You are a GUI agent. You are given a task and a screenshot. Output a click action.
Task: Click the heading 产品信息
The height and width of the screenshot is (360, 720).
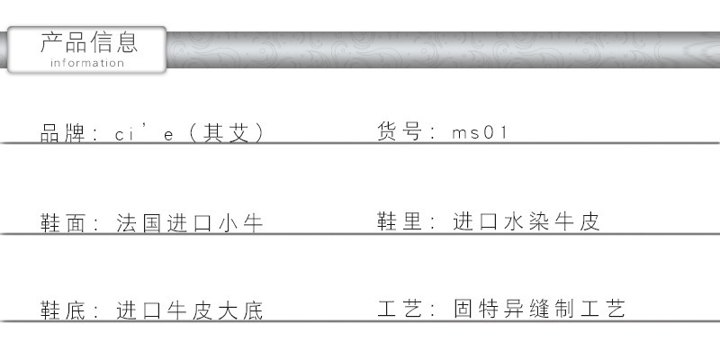tap(89, 42)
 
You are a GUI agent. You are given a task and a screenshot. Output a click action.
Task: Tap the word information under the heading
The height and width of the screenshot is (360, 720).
tap(87, 63)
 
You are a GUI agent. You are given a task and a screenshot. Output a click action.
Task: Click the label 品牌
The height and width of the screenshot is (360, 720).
tap(63, 133)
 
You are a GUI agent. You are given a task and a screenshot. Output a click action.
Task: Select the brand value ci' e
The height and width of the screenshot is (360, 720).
tap(144, 132)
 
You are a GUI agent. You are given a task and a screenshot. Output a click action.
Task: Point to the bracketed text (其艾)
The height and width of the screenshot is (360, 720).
tap(227, 133)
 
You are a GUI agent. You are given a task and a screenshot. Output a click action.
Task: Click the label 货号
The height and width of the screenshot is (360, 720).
tap(400, 130)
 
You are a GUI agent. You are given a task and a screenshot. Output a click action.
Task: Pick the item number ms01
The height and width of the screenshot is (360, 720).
tap(480, 132)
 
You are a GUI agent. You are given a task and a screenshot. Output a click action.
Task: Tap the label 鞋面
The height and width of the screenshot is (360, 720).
tap(63, 223)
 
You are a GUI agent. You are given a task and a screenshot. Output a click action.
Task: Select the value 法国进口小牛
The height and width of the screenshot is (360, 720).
tap(189, 223)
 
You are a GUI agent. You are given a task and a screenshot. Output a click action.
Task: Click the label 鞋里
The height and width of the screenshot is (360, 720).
tap(400, 221)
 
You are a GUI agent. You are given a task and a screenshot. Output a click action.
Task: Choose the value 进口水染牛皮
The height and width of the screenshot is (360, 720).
tap(526, 221)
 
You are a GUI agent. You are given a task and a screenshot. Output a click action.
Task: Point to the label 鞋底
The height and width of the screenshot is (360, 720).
tap(63, 310)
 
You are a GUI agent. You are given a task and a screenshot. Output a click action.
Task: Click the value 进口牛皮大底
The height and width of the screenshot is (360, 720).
tap(189, 310)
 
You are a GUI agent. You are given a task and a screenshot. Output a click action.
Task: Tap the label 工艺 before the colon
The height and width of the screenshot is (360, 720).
tap(400, 308)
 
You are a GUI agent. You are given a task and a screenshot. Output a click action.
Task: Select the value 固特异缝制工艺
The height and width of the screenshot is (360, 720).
tap(539, 308)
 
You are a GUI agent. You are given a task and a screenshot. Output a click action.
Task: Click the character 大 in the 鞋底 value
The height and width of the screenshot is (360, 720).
tap(228, 310)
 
